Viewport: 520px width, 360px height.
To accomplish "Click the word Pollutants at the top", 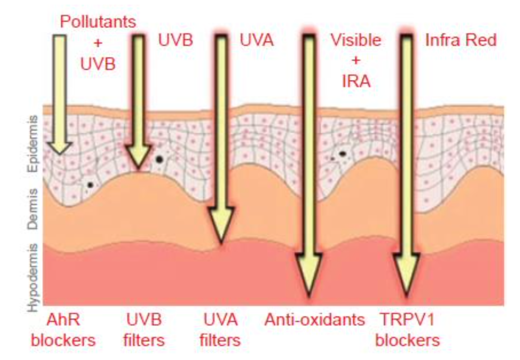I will pyautogui.click(x=98, y=21).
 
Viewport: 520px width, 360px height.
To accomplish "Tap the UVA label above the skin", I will pyautogui.click(x=257, y=40).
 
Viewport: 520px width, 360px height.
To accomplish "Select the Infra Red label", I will pyautogui.click(x=460, y=40).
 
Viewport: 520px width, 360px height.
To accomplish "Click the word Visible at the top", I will pyautogui.click(x=355, y=40).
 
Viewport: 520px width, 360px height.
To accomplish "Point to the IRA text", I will pyautogui.click(x=356, y=81).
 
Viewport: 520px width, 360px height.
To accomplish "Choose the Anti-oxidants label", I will pyautogui.click(x=315, y=320).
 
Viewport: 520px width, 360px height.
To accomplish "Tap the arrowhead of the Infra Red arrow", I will pyautogui.click(x=407, y=291).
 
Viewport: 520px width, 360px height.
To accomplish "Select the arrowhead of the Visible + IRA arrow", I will pyautogui.click(x=308, y=291).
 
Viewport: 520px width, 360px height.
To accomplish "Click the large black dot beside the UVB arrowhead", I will pyautogui.click(x=159, y=159).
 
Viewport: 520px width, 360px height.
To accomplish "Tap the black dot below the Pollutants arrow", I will pyautogui.click(x=90, y=185).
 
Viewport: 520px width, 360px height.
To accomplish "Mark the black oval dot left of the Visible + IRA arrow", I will pyautogui.click(x=343, y=154).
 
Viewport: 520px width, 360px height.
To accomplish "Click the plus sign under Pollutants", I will pyautogui.click(x=98, y=42).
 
